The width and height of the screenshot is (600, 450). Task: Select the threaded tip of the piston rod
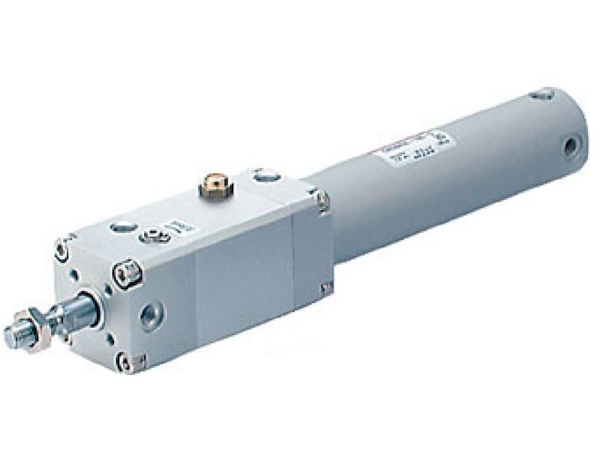pyautogui.click(x=17, y=336)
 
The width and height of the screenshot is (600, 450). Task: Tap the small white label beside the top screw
pyautogui.click(x=172, y=226)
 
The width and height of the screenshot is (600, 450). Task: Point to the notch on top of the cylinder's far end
pyautogui.click(x=541, y=94)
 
